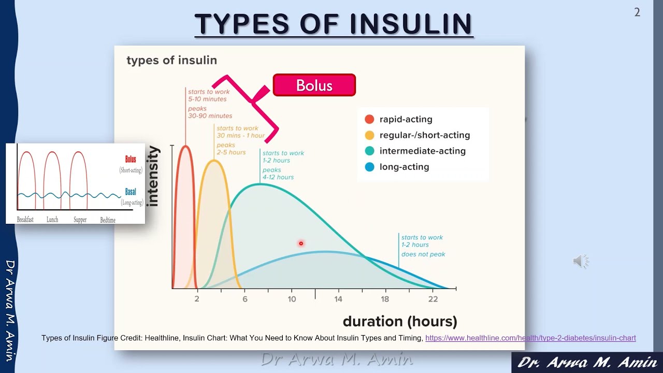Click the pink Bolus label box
(314, 85)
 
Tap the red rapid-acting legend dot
(369, 119)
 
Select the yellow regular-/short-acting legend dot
(369, 135)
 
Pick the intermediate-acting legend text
(422, 151)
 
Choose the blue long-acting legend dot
(369, 167)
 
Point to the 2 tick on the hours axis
(197, 299)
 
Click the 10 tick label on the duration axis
(292, 299)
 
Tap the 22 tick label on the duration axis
(433, 299)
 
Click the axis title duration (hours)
(400, 321)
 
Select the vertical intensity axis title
(153, 176)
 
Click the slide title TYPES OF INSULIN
(333, 24)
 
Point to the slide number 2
(637, 12)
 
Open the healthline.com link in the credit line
(530, 338)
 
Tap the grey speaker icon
(581, 261)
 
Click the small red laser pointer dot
(301, 243)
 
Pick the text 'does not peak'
(423, 254)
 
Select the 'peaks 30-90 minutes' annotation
(210, 112)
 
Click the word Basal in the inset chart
(131, 192)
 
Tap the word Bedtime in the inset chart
(108, 220)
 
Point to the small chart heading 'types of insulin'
(171, 60)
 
